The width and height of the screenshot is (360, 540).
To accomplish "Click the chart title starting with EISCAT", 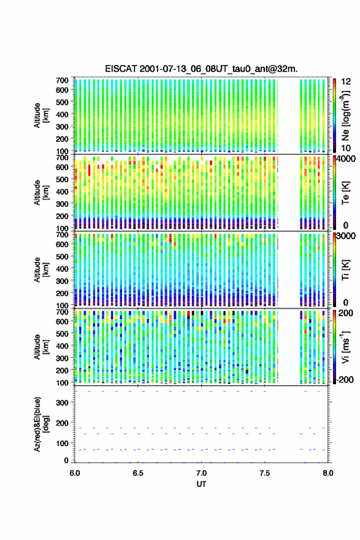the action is tap(201, 69).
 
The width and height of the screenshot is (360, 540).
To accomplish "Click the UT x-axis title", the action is tap(201, 484).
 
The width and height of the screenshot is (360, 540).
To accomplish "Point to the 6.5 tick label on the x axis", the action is tap(138, 473).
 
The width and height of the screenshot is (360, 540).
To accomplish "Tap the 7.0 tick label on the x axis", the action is tap(201, 473).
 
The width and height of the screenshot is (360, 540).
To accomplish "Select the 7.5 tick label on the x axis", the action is tap(265, 473).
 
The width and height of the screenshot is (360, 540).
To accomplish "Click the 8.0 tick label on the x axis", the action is tap(328, 473).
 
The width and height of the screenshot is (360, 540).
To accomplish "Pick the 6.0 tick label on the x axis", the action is tap(75, 473).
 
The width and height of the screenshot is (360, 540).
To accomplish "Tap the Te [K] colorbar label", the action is tap(345, 193).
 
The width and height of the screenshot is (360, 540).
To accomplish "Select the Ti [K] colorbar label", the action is tap(345, 269).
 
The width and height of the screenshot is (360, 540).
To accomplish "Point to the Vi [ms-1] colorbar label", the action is tap(345, 347).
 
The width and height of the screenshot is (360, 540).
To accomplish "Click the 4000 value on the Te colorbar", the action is tap(347, 159).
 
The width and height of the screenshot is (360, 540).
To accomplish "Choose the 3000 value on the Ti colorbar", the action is tap(347, 236).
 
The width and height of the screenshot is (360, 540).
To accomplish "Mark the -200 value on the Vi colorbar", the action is tap(345, 379).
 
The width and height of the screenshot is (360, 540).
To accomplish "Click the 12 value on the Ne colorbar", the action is tap(346, 82).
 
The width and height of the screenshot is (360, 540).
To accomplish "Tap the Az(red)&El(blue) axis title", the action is tap(40, 424).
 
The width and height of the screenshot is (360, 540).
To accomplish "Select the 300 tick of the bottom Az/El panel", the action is tap(63, 403).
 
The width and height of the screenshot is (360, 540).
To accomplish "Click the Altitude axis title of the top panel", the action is tap(40, 115).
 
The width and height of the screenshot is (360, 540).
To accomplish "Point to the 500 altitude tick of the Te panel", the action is tap(63, 179).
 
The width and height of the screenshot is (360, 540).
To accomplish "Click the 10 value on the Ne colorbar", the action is tap(346, 148).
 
